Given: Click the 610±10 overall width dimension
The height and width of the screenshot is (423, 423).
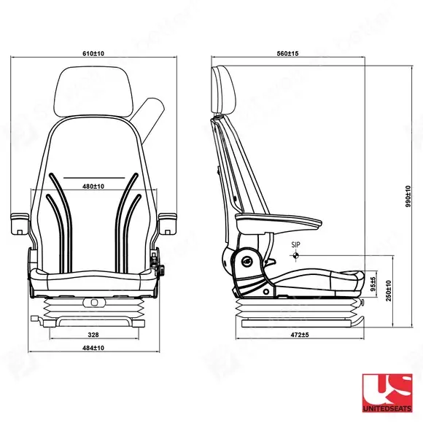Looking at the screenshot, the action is click(x=93, y=53).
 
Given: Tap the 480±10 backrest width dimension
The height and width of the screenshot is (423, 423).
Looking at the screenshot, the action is click(x=93, y=187).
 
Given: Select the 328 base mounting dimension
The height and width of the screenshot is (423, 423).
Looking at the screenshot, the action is click(x=93, y=335).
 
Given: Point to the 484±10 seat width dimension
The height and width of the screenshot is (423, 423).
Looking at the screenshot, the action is click(x=93, y=348).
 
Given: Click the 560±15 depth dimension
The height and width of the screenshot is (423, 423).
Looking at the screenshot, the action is click(x=288, y=53).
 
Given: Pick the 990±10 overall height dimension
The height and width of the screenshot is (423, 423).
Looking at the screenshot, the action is click(x=408, y=196).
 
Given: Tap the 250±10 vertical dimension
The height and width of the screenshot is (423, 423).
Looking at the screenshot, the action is click(x=389, y=291).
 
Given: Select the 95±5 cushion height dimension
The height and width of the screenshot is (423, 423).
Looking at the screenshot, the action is click(x=373, y=284).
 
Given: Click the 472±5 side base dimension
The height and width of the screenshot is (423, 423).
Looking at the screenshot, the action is click(x=300, y=335).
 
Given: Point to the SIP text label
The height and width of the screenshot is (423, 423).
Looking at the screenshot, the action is click(x=295, y=244).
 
